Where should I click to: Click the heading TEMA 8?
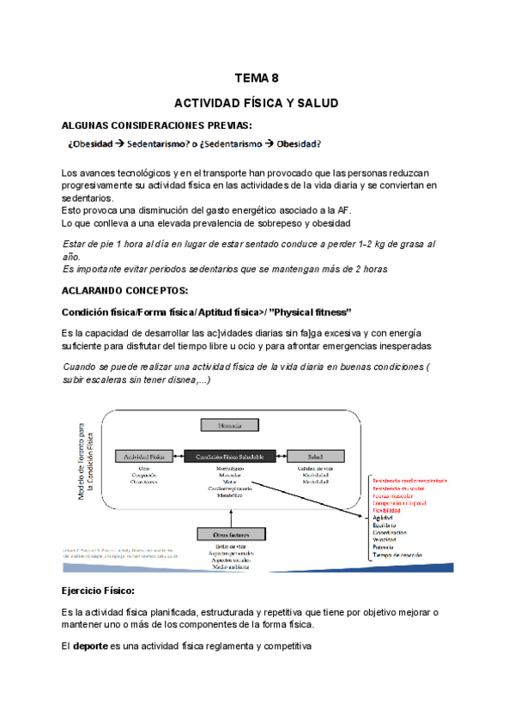(x=257, y=76)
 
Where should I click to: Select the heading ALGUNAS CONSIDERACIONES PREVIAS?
(x=157, y=125)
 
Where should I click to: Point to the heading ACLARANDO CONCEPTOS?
(x=124, y=291)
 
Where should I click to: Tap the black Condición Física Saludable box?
(x=229, y=456)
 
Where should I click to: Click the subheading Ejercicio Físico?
(x=98, y=592)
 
